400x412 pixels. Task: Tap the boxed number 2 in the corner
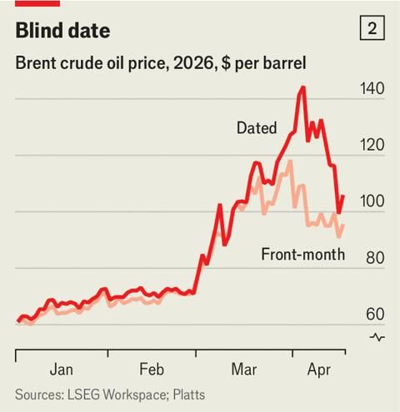coord(372,29)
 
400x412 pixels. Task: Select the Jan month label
coord(61,369)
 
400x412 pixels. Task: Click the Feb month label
coord(151,369)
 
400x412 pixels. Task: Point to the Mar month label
coord(243,369)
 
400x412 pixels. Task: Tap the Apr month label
coord(321,369)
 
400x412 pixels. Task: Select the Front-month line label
coord(302,255)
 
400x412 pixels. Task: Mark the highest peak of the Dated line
coord(302,87)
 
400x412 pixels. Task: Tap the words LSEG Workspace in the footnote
coord(110,395)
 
